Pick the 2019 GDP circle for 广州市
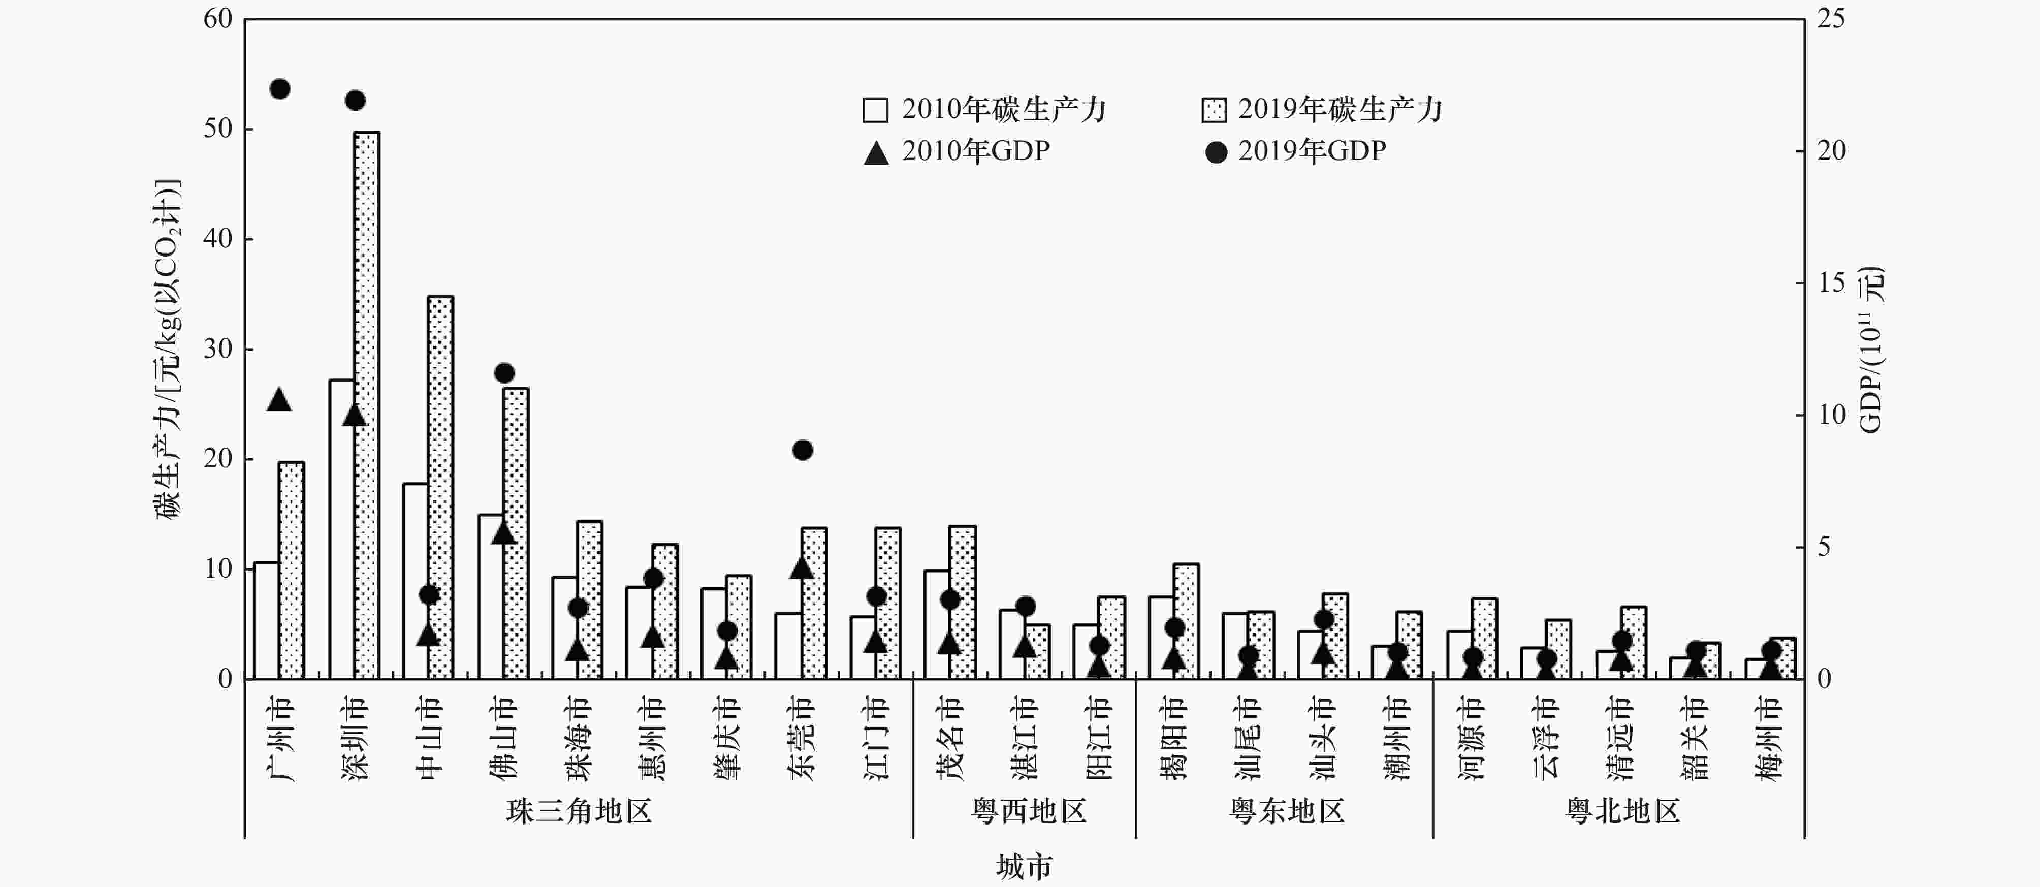coord(279,89)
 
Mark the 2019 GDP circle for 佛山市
coord(504,373)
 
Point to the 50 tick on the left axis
coord(218,129)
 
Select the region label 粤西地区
coord(1028,811)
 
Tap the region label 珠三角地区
coord(579,811)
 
